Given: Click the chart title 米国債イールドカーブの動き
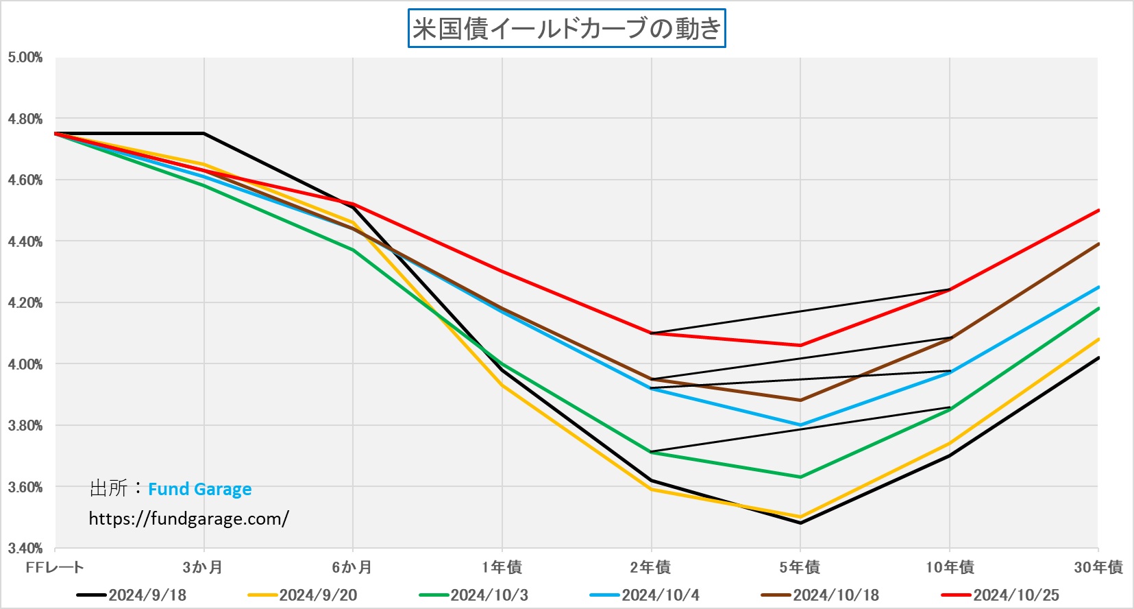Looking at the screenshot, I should [x=567, y=28].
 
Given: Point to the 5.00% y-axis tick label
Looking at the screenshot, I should [x=25, y=58].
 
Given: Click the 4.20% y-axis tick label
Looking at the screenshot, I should [x=25, y=303].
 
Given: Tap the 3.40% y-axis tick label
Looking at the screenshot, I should [x=25, y=549].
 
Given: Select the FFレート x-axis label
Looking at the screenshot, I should [x=55, y=567].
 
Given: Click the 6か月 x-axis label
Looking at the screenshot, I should [x=352, y=567].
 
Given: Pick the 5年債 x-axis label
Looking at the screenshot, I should [x=800, y=567].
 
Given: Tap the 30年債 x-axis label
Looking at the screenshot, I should [x=1098, y=567].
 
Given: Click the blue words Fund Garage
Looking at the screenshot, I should [x=199, y=489].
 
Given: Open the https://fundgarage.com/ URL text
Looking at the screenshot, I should [x=188, y=518].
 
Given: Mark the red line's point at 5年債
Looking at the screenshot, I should [x=800, y=345].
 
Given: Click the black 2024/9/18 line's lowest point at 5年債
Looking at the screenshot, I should [x=800, y=523].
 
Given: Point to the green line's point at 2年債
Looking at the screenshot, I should [x=652, y=453].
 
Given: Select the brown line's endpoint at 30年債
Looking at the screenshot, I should [x=1098, y=244].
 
